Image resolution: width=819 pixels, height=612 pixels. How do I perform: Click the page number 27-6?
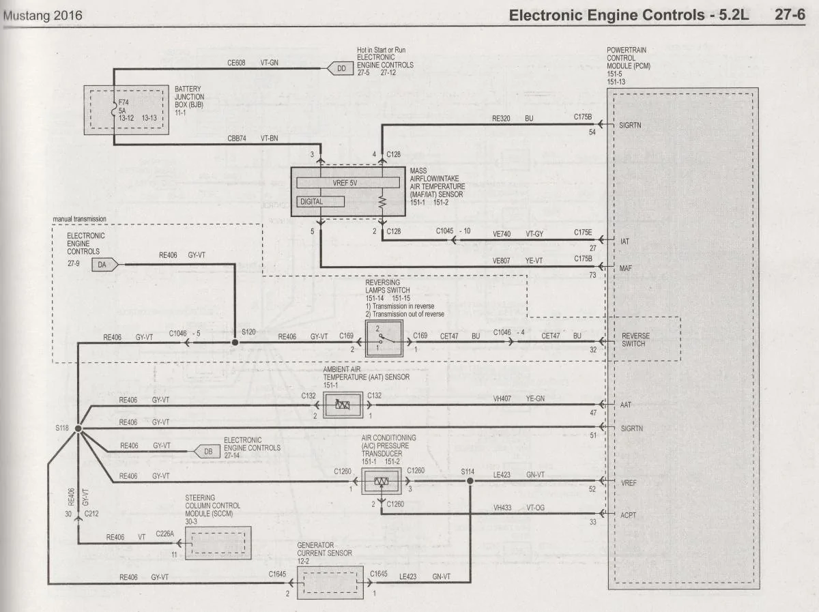[790, 14]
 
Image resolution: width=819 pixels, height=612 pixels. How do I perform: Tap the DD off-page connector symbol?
[340, 69]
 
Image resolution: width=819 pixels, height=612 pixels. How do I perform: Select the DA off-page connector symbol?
[105, 265]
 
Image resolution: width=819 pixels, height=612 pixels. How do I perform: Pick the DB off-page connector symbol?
[206, 452]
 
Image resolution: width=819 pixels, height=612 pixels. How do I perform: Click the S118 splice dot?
[78, 428]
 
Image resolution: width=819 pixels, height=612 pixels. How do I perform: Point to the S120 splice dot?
[235, 342]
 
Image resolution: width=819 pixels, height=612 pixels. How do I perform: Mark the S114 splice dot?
[470, 481]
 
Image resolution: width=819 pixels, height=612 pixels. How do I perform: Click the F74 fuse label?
[124, 102]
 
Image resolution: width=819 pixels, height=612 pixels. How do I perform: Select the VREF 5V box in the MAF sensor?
[348, 183]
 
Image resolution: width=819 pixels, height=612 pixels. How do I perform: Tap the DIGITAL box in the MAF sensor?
[321, 202]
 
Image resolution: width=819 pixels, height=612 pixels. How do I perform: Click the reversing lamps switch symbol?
[384, 338]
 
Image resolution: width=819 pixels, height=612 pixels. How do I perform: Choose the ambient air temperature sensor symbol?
[343, 405]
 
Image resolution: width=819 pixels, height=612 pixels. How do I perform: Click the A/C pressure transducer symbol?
[382, 482]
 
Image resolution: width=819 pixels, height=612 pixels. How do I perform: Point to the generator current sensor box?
[330, 583]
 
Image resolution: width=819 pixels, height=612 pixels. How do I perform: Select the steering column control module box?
[218, 543]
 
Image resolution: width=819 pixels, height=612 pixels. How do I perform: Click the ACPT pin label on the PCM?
[628, 515]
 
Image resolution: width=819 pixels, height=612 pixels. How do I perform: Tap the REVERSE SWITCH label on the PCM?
[635, 340]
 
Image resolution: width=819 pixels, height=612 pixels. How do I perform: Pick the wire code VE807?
[501, 261]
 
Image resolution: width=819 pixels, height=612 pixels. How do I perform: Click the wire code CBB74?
[237, 139]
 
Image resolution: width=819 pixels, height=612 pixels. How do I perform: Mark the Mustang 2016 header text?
[42, 16]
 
